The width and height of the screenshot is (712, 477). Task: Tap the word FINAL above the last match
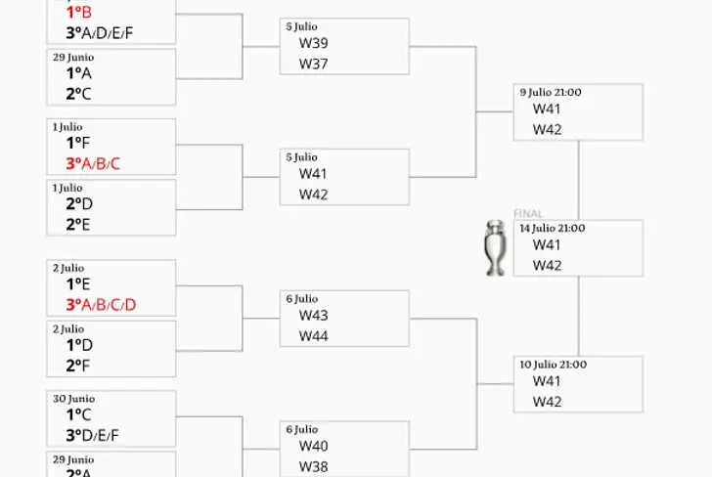click(x=528, y=213)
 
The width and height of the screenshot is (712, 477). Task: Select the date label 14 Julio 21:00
click(x=553, y=228)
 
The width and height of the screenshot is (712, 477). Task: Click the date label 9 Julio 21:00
click(x=551, y=92)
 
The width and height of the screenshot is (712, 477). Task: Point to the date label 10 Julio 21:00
click(x=554, y=365)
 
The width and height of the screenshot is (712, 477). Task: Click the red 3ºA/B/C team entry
click(x=93, y=163)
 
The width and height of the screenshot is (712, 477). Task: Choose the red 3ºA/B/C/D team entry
click(x=101, y=304)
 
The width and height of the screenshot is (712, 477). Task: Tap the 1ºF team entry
click(x=74, y=144)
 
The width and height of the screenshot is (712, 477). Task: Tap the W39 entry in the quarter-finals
click(x=314, y=44)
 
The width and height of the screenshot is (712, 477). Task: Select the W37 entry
click(x=314, y=64)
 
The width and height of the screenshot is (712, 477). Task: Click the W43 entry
click(x=314, y=316)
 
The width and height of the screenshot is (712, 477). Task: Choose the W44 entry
click(x=314, y=336)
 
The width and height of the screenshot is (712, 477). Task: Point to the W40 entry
click(x=314, y=447)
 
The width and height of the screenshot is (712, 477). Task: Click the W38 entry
click(x=314, y=466)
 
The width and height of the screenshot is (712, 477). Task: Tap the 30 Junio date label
click(x=74, y=399)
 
